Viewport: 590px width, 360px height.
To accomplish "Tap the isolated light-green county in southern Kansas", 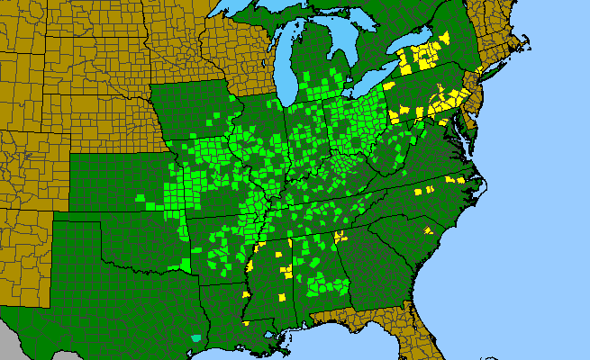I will point(140,198).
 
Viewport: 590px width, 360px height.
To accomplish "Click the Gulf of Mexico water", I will point(342,346).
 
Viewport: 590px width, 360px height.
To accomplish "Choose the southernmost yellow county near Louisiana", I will point(246,321).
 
